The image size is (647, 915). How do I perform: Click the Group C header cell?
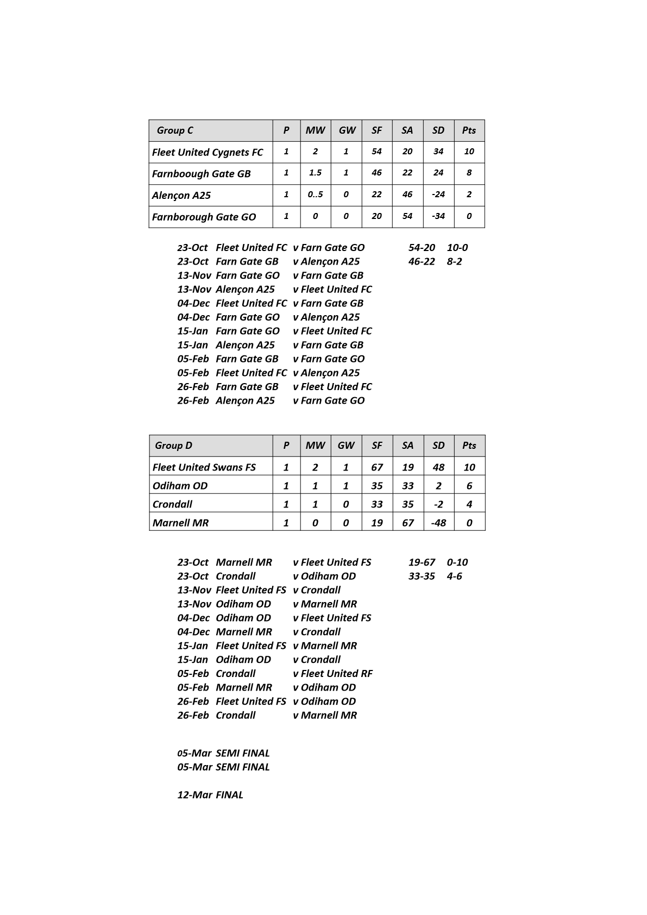[175, 130]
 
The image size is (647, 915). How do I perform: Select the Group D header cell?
[173, 446]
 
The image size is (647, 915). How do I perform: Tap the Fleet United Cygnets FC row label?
[208, 152]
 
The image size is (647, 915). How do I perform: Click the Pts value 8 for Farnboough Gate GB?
[469, 173]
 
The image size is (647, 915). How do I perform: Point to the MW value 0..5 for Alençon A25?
[315, 195]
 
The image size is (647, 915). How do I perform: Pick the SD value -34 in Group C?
[438, 216]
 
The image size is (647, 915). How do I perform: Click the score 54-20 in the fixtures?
[422, 248]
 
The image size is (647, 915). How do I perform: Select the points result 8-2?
[454, 261]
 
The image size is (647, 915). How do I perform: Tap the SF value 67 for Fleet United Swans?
[376, 467]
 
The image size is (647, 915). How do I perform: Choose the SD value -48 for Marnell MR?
[438, 523]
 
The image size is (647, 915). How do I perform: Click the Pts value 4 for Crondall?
[469, 504]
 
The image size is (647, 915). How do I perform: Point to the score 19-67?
[422, 562]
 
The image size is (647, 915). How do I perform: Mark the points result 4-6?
[454, 576]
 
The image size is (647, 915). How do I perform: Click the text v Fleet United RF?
[332, 674]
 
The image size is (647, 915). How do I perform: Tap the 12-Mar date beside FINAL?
[194, 795]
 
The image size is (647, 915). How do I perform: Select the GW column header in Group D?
[346, 446]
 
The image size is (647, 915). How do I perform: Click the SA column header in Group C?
[407, 130]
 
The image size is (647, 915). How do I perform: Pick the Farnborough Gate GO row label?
[204, 217]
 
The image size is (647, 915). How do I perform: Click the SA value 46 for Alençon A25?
[407, 195]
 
